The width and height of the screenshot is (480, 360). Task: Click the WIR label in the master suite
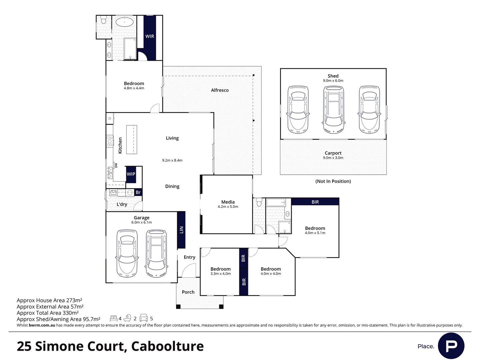(x=150, y=36)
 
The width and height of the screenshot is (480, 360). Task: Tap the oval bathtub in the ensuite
(x=124, y=22)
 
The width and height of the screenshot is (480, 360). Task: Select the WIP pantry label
(x=131, y=174)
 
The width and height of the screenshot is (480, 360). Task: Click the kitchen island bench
(x=132, y=139)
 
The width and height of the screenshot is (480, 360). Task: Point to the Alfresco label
(x=220, y=90)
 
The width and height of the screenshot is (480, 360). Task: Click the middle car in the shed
(x=333, y=109)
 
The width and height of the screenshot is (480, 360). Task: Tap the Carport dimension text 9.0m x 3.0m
(x=333, y=158)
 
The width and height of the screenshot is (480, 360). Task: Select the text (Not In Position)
(x=333, y=181)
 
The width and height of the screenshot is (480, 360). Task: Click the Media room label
(x=228, y=202)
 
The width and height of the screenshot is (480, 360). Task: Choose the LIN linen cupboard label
(x=182, y=230)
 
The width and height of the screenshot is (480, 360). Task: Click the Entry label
(x=189, y=257)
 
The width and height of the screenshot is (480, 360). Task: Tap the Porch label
(x=188, y=292)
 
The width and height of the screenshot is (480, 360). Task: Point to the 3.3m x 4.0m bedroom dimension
(x=220, y=274)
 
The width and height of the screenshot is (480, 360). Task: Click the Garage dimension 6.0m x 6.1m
(x=141, y=222)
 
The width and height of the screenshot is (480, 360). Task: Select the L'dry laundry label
(x=122, y=204)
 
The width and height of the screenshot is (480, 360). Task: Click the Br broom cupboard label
(x=138, y=192)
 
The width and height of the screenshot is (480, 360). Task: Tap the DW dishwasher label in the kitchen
(x=116, y=165)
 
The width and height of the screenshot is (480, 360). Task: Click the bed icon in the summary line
(x=113, y=318)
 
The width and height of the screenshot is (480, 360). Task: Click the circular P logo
(x=451, y=346)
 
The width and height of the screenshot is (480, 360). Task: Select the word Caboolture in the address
(x=168, y=346)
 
